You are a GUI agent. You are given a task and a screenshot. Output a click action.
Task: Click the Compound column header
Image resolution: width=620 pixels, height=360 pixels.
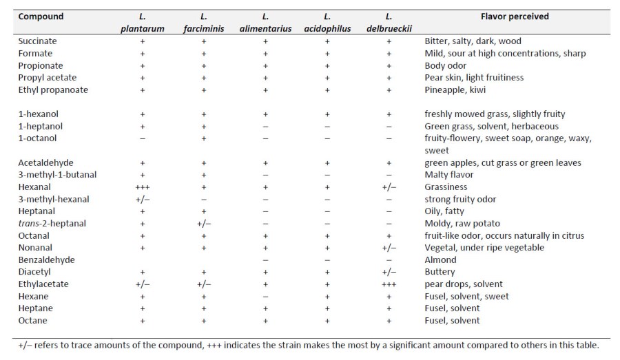click(x=41, y=17)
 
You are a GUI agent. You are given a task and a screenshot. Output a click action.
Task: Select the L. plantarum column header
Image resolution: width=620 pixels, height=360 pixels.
click(x=143, y=23)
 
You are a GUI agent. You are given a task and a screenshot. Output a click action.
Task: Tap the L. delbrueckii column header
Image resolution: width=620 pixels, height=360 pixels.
click(x=389, y=23)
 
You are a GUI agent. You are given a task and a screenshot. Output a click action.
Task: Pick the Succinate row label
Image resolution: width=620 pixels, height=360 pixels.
click(x=37, y=41)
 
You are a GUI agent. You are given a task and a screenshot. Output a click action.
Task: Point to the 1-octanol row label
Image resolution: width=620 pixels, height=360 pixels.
click(x=37, y=138)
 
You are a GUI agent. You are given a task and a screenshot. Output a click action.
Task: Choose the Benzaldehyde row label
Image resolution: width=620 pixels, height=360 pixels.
click(x=45, y=260)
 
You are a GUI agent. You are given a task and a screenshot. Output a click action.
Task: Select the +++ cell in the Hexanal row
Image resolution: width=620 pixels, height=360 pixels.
click(x=143, y=187)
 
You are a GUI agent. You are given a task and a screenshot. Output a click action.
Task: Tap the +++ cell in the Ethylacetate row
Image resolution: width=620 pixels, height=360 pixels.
click(x=389, y=284)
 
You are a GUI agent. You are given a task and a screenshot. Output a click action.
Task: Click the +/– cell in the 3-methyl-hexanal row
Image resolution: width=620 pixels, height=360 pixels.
click(x=143, y=200)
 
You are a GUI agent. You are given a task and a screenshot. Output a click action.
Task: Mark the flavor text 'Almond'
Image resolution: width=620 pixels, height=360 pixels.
click(x=440, y=260)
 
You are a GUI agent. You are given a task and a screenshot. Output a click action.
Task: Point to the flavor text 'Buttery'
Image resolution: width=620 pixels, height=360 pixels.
click(x=440, y=272)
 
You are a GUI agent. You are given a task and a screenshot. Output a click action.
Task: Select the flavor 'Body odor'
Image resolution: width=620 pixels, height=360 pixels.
click(x=445, y=66)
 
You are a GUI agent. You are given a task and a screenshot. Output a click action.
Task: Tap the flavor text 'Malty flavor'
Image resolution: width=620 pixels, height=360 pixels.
click(x=449, y=175)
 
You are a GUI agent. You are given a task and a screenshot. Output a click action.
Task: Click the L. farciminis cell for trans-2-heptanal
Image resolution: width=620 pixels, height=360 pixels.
click(x=204, y=224)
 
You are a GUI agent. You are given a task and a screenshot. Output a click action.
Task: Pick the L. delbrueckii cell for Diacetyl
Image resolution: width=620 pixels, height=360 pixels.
click(x=389, y=272)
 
